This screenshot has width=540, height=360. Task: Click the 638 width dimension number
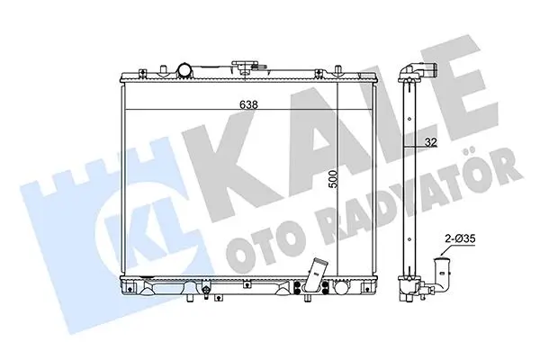pos(248,104)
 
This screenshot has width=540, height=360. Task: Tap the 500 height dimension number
pos(333,179)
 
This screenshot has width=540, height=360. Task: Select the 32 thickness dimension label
pos(430,142)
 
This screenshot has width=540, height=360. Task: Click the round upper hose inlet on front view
pos(184,70)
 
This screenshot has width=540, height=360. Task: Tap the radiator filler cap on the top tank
pos(245,66)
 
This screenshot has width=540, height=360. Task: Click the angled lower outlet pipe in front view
pos(316,274)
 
